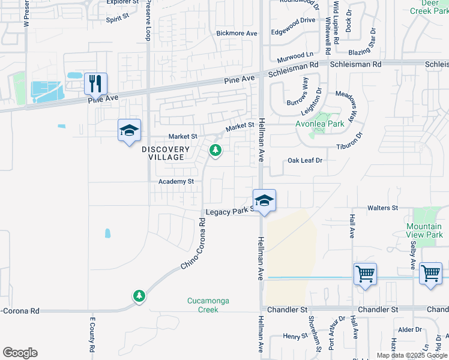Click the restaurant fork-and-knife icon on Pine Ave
(x=95, y=83)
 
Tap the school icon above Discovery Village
(x=129, y=131)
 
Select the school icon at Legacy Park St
(x=264, y=201)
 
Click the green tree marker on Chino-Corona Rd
(x=139, y=295)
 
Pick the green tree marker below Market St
(x=215, y=151)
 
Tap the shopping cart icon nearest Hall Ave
(x=365, y=275)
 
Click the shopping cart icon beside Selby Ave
(x=430, y=274)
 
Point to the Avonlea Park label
(x=319, y=124)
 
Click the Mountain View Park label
(x=424, y=230)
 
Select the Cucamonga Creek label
(x=208, y=305)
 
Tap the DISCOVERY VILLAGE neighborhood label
(x=166, y=153)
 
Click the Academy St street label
(x=176, y=181)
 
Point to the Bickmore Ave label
(x=237, y=34)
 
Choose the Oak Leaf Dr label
(x=305, y=161)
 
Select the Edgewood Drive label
(x=293, y=20)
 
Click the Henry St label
(x=295, y=337)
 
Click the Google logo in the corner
(x=20, y=353)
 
